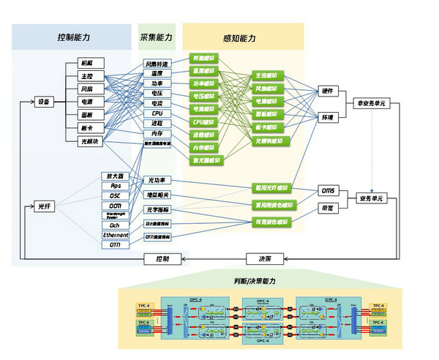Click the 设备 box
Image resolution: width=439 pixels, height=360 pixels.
pyautogui.click(x=44, y=102)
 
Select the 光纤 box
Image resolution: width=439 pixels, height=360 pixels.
pyautogui.click(x=44, y=207)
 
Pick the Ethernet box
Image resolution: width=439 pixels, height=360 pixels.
pyautogui.click(x=116, y=235)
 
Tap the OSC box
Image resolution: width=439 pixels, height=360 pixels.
pyautogui.click(x=116, y=195)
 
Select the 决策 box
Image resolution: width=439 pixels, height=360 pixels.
pyautogui.click(x=263, y=258)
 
